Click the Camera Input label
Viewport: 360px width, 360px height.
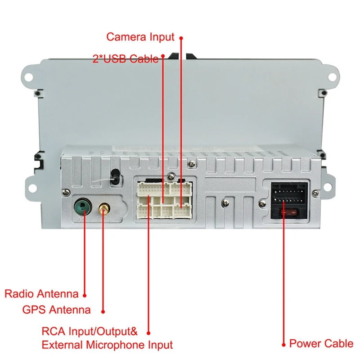coord(140,37)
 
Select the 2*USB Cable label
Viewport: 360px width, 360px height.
coord(126,59)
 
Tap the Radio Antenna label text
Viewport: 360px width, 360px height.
coord(41,294)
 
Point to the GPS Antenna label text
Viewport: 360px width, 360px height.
coord(57,310)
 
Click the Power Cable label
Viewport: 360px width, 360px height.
coord(321,343)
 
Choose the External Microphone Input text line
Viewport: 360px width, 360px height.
coord(107,345)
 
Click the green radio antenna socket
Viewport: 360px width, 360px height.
coord(83,207)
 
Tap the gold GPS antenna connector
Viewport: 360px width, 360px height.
coord(104,208)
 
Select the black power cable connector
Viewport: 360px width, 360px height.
coord(289,200)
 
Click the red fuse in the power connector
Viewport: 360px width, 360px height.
coord(289,213)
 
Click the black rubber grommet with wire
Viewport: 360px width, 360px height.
coord(115,177)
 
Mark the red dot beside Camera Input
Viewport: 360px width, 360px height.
coord(181,38)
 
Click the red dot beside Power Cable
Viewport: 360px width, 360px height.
coord(284,345)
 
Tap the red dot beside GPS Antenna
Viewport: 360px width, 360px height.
coord(103,311)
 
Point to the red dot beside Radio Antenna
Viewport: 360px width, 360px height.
coord(85,296)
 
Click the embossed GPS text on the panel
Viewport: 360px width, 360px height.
coord(103,219)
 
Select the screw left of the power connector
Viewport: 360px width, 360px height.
coord(262,203)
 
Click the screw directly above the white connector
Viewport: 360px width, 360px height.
coord(171,176)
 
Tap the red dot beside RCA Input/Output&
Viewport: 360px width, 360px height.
coord(148,333)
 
